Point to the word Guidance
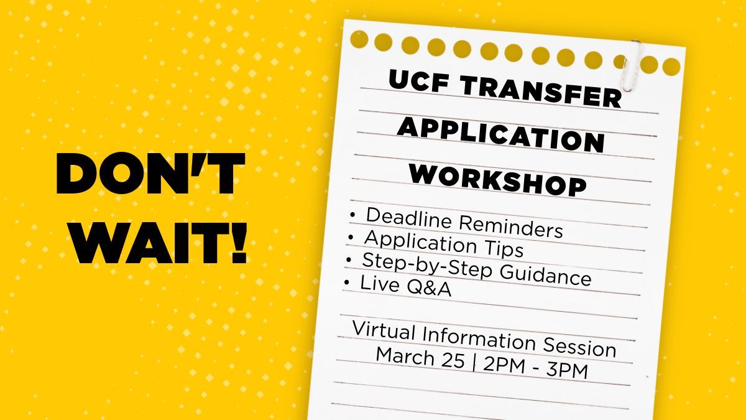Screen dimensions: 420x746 [548, 274]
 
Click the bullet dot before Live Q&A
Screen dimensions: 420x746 [346, 283]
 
